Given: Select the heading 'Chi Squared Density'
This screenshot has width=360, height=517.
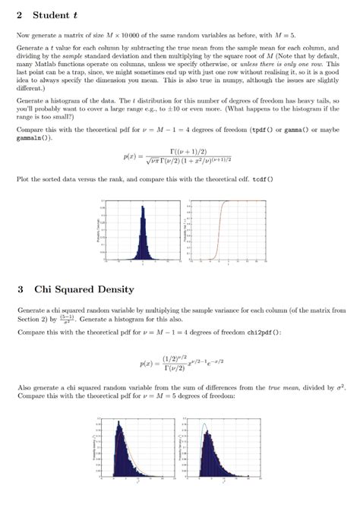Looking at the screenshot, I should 84,289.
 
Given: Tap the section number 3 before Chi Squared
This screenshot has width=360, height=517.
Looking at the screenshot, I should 20,289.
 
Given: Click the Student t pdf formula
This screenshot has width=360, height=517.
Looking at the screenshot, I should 182,157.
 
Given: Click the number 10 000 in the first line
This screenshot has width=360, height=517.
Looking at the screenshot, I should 137,36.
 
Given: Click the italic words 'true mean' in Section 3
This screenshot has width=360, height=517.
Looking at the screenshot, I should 283,387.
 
